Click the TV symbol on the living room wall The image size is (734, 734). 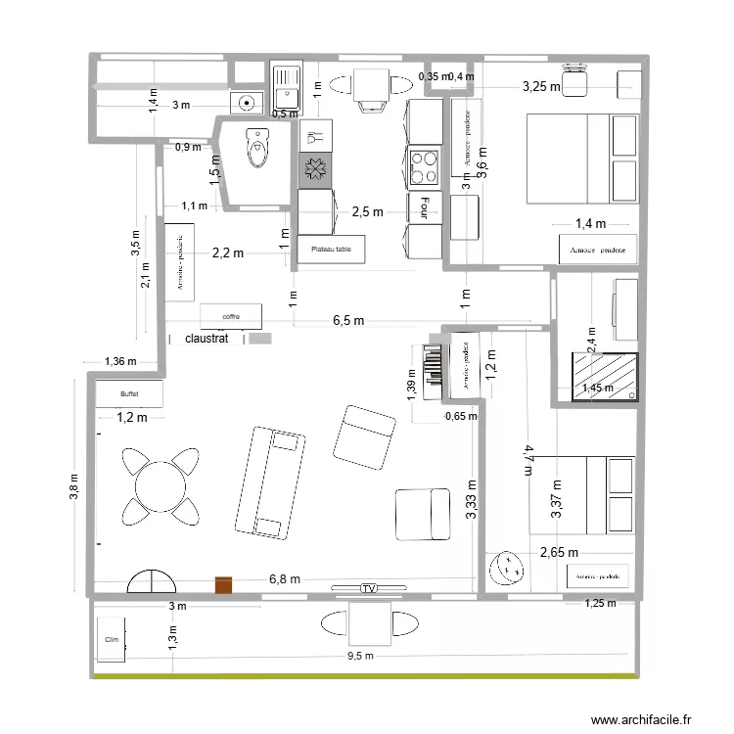coord(368,588)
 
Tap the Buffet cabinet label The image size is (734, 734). coord(129,393)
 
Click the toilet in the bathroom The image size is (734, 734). coord(257,147)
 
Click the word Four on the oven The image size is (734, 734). coord(425,206)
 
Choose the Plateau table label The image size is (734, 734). coord(331,251)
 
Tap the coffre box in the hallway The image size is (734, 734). coord(231,316)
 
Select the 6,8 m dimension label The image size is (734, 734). coord(285,579)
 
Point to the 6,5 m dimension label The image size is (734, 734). coord(348,321)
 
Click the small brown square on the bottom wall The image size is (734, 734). coord(225,584)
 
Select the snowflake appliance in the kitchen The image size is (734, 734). coord(315,170)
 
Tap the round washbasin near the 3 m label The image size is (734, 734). coord(245,100)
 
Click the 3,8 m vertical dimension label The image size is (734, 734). coord(76,483)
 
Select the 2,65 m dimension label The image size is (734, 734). coord(559,552)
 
